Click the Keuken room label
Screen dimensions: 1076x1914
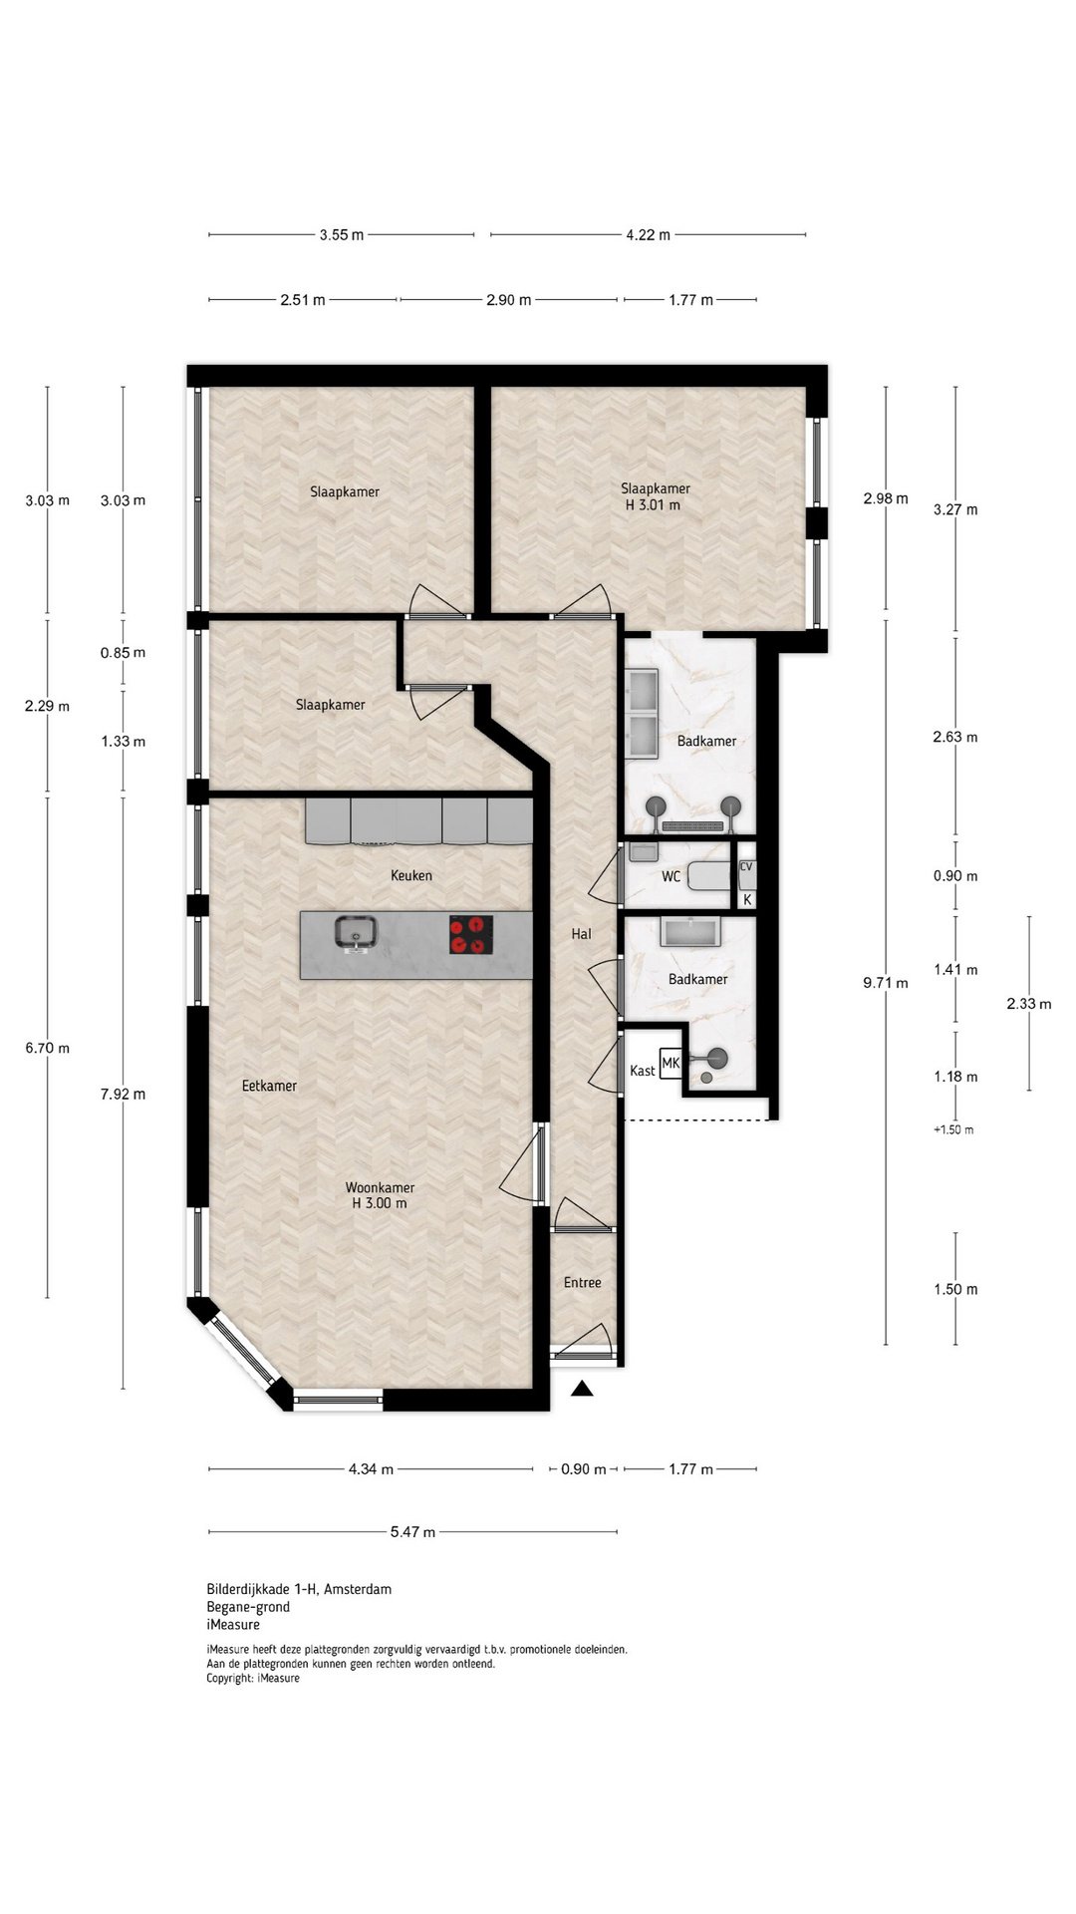point(411,875)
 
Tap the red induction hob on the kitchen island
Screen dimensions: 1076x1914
point(471,935)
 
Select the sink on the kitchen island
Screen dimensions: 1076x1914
point(355,933)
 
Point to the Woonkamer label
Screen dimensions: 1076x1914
point(380,1188)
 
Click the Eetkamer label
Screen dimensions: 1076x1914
point(269,1086)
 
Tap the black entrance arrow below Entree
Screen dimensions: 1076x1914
point(582,1388)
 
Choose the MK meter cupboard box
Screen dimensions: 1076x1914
point(671,1064)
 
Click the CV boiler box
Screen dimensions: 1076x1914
point(746,867)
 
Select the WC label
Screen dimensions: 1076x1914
point(672,877)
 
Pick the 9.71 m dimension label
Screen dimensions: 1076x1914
point(886,983)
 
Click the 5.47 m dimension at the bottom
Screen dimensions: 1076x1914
point(412,1532)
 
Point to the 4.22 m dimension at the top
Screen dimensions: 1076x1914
point(648,235)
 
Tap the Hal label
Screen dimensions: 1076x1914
point(581,934)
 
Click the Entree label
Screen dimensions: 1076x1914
point(582,1283)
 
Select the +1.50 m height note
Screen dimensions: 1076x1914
point(953,1129)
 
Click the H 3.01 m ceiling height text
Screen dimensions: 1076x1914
point(655,505)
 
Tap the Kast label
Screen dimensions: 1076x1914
point(643,1071)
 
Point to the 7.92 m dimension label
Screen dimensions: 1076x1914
point(123,1094)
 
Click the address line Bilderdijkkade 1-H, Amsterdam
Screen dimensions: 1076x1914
point(299,1589)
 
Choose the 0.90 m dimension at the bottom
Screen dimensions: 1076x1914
point(584,1468)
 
